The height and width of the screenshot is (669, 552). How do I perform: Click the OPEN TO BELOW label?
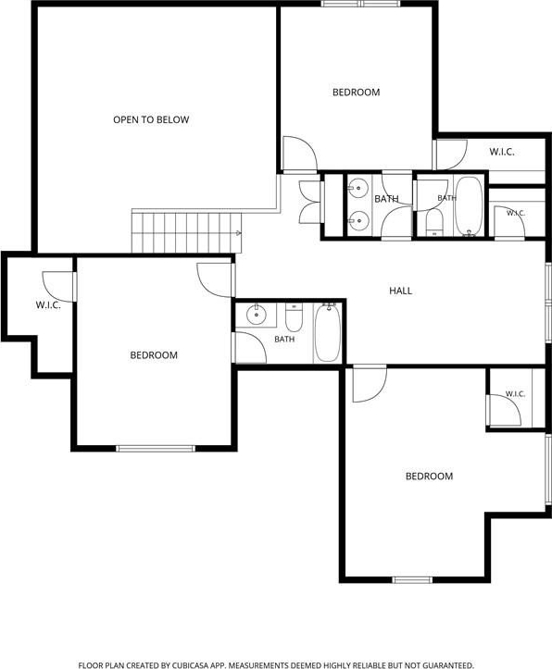[x=151, y=120]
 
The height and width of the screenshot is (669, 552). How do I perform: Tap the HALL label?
[x=400, y=291]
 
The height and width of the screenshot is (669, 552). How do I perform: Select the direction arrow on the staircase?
[x=239, y=233]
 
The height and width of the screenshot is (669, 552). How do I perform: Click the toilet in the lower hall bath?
[x=294, y=317]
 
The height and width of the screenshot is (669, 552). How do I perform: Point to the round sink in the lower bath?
[x=257, y=315]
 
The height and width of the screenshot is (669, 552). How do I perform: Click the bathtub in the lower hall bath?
[x=328, y=332]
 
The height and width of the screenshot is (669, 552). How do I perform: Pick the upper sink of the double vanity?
[x=358, y=188]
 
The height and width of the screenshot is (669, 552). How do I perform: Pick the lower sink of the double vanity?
[x=358, y=220]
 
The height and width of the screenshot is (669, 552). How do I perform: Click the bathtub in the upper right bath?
[x=469, y=206]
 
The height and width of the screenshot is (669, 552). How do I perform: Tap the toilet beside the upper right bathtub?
[x=435, y=222]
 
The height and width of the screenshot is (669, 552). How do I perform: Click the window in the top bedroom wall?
[x=360, y=4]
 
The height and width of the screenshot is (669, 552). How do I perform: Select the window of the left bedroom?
[x=156, y=449]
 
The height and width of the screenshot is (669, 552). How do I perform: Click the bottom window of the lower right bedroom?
[x=412, y=580]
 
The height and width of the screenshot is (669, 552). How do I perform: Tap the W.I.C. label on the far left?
[x=48, y=305]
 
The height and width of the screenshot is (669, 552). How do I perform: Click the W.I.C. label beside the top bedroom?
[x=502, y=152]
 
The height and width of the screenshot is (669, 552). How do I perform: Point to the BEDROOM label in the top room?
[x=356, y=93]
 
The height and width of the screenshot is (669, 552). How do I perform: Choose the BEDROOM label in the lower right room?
[x=429, y=477]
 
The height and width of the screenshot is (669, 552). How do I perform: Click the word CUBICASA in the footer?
[x=189, y=665]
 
